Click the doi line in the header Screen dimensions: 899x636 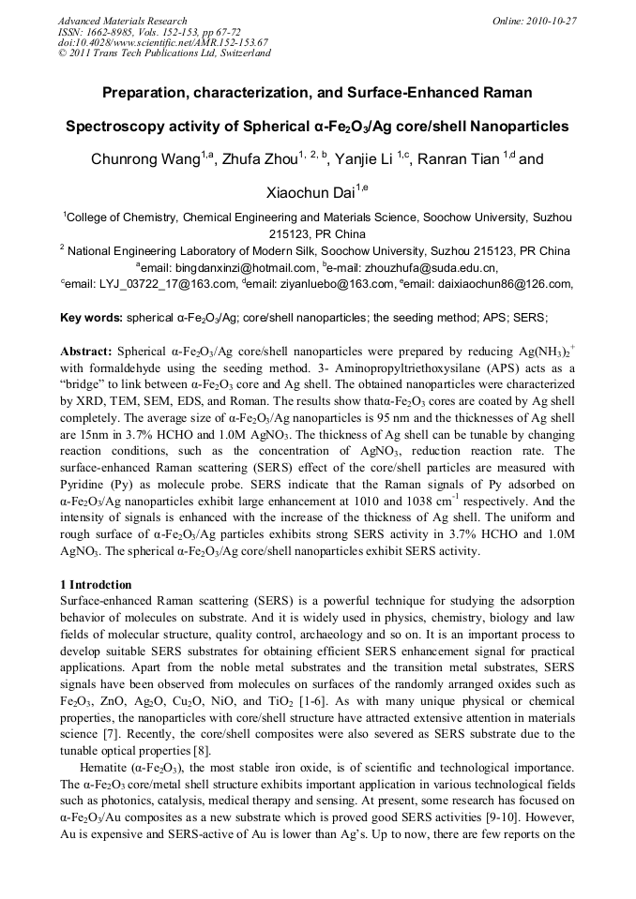(162, 42)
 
